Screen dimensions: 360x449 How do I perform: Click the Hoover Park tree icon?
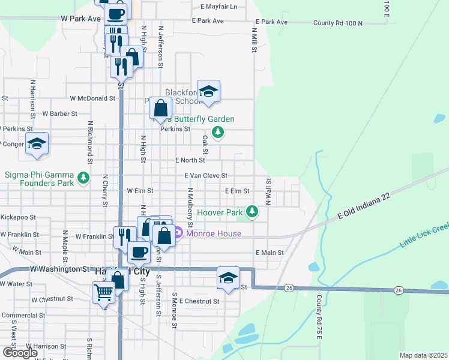click(x=253, y=212)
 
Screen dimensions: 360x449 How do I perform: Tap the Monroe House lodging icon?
click(x=178, y=233)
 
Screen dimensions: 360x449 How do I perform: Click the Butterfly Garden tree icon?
click(x=218, y=132)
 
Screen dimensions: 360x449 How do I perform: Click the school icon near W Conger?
click(x=37, y=143)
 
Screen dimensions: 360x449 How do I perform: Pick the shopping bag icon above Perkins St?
click(x=161, y=109)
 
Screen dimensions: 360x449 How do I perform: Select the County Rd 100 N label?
click(x=338, y=23)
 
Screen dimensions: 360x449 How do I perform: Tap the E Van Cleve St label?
click(x=206, y=176)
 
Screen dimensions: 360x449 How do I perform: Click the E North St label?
click(x=190, y=160)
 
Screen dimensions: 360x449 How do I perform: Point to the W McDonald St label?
click(x=92, y=98)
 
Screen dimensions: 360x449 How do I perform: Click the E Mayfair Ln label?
click(x=218, y=7)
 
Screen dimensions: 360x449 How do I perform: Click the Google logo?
click(x=20, y=353)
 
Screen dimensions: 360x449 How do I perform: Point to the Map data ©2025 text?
click(x=424, y=355)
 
